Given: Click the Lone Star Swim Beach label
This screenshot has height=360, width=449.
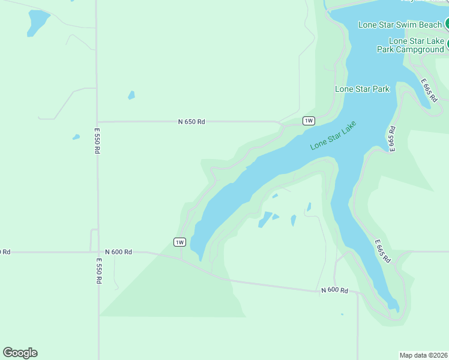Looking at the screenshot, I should point(400,25).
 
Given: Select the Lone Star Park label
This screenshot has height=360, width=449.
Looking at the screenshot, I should point(362,89).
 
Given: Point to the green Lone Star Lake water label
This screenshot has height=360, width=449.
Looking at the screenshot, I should point(333,137).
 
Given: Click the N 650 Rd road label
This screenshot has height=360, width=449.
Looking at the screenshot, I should point(191,122).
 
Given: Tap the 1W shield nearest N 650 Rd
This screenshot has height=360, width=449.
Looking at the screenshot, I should point(309,121).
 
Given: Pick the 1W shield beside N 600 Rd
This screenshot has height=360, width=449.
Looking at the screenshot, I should point(179,242).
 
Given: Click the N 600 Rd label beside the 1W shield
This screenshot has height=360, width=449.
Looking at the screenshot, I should point(118,252).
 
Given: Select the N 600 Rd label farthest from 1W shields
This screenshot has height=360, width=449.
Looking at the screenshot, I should point(334,290).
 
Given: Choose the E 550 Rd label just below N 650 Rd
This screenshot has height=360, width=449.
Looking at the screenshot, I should point(97,140).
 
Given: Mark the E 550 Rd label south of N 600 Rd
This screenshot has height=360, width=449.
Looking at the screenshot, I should point(98,271).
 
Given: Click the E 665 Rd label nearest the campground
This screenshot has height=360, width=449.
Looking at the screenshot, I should point(429,90).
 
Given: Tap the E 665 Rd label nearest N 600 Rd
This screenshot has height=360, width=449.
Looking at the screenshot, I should point(383,251).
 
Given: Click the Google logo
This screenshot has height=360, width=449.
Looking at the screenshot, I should point(20,353).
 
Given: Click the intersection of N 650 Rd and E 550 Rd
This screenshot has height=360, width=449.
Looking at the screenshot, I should point(97,122).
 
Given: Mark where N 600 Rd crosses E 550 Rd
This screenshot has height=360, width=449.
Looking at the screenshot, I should point(98,252).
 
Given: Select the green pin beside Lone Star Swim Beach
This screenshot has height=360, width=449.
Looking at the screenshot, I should point(447,24).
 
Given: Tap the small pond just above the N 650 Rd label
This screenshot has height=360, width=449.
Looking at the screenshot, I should point(131,95).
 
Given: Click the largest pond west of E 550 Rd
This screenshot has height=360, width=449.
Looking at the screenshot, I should point(38,22).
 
